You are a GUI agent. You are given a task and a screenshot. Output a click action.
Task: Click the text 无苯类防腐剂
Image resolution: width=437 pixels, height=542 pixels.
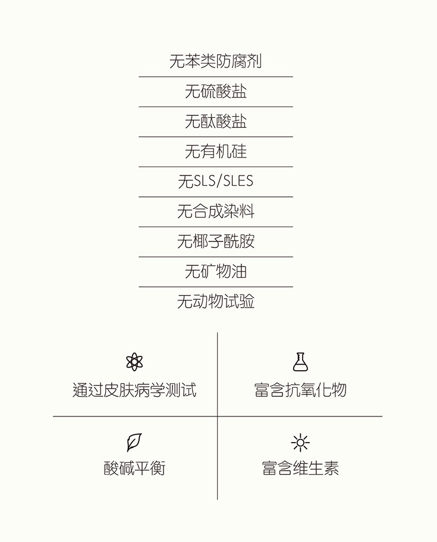tap(215, 61)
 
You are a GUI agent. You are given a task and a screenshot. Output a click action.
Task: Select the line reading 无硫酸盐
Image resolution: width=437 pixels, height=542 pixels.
tap(215, 92)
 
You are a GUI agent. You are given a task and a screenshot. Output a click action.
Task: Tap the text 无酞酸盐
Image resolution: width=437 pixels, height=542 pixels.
tap(215, 121)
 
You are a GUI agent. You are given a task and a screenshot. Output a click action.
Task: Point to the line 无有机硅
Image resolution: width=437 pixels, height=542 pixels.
tap(215, 152)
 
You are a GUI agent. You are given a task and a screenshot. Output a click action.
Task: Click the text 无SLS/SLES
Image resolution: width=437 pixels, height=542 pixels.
tap(215, 181)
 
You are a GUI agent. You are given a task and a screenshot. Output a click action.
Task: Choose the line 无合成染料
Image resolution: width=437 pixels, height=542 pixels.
tap(215, 212)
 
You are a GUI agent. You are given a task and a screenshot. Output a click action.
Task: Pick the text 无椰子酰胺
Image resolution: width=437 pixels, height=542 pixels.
tap(215, 242)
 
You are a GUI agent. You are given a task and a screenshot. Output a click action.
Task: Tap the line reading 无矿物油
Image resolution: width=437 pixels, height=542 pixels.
tap(215, 272)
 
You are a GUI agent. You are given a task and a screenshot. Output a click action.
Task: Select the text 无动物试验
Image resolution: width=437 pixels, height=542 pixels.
tap(215, 302)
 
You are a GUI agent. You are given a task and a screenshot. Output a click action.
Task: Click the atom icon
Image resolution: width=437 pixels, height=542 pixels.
tap(134, 362)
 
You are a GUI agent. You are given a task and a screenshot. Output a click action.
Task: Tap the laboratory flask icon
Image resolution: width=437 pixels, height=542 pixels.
tap(300, 362)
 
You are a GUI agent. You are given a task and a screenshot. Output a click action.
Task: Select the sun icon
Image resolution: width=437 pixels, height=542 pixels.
tap(300, 443)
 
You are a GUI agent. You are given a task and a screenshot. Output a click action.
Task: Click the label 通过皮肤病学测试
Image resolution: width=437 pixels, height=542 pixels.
tap(134, 391)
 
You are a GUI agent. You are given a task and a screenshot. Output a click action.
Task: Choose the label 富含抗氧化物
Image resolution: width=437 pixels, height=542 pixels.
tap(300, 391)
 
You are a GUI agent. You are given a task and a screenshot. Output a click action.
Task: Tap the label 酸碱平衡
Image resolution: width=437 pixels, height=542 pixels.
tap(134, 468)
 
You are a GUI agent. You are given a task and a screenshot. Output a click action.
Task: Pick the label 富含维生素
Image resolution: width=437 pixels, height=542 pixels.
tap(300, 468)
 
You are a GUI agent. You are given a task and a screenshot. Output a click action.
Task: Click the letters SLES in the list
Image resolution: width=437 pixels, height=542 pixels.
tap(238, 181)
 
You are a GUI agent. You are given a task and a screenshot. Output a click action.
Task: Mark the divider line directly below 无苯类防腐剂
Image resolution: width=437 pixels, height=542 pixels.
tap(215, 77)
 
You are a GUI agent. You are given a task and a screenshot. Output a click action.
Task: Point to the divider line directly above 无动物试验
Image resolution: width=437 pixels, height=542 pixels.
tap(215, 287)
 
